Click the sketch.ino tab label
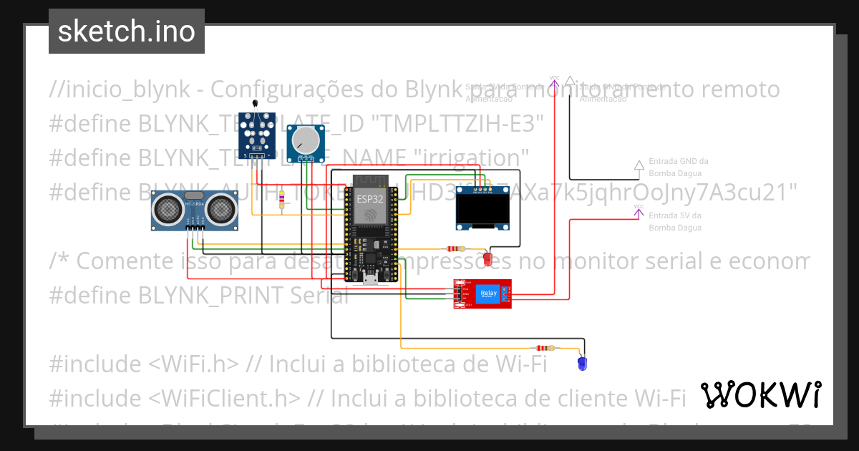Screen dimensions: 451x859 pos(127,31)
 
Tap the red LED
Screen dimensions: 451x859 pos(488,258)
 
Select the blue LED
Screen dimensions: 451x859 pos(582,364)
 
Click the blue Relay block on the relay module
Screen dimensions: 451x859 pos(489,294)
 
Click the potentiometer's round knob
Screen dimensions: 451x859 pos(306,142)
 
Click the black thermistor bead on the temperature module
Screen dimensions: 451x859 pos(256,105)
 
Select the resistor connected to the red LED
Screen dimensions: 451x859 pos(455,249)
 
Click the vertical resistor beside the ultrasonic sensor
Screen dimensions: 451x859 pos(281,200)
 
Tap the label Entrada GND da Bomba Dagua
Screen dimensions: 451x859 pos(678,167)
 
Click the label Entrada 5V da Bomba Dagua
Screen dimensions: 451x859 pos(675,221)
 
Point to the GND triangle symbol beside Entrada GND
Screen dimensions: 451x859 pos(639,165)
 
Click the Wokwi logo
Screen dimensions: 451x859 pos(760,394)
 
